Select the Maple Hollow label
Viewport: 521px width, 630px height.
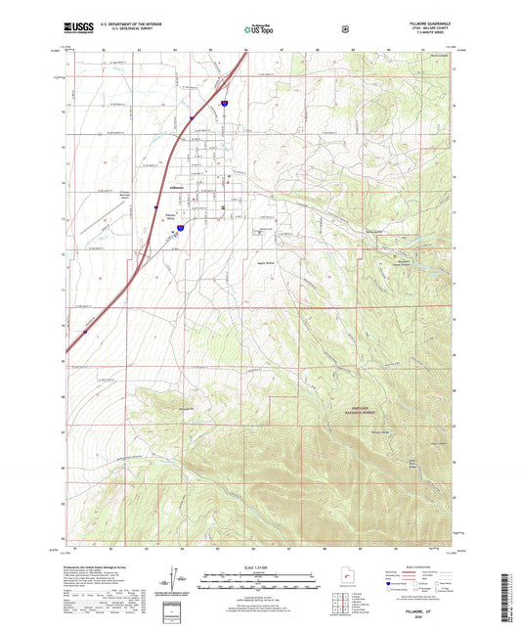coord(266,262)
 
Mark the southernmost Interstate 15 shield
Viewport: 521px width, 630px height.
coord(85,332)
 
